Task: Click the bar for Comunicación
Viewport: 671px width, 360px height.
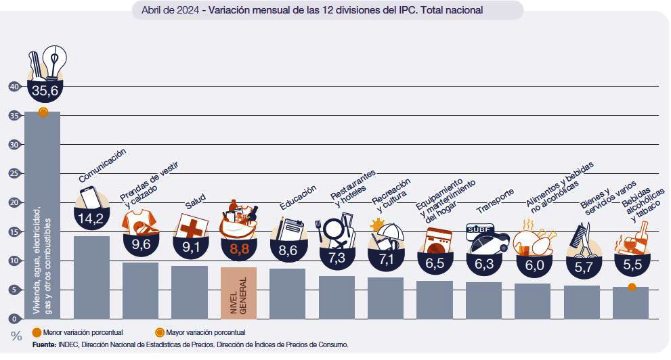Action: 91,277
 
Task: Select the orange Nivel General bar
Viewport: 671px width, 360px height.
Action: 238,292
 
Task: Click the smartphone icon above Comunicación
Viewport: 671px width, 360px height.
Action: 90,197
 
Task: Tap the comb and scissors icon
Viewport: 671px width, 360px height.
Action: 582,236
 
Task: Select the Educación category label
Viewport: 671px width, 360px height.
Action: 298,198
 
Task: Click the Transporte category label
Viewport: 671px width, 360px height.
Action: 495,201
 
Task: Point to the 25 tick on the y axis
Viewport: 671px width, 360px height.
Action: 14,173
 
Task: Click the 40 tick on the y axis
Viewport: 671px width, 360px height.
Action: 14,86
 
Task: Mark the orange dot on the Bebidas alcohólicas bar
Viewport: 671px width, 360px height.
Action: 631,287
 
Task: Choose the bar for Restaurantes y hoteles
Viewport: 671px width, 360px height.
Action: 337,297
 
